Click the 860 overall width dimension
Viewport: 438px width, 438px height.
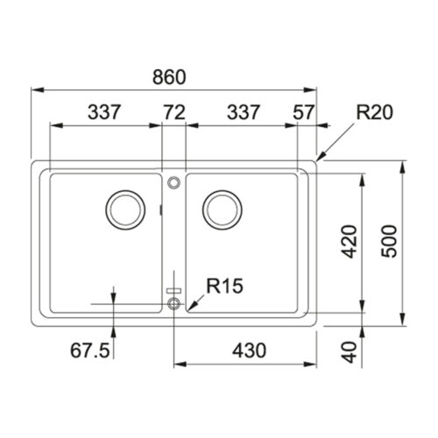click(169, 77)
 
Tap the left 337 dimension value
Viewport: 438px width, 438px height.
click(104, 112)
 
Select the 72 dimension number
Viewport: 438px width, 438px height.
click(174, 112)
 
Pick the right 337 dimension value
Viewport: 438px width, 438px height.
click(244, 112)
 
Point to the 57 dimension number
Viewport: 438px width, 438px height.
click(304, 112)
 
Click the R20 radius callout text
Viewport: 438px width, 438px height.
click(375, 112)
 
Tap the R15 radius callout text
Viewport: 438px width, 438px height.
click(225, 286)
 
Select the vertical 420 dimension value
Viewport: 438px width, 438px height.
click(350, 242)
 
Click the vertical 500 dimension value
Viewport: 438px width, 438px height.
click(390, 242)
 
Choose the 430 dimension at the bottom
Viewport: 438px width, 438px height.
click(249, 350)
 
